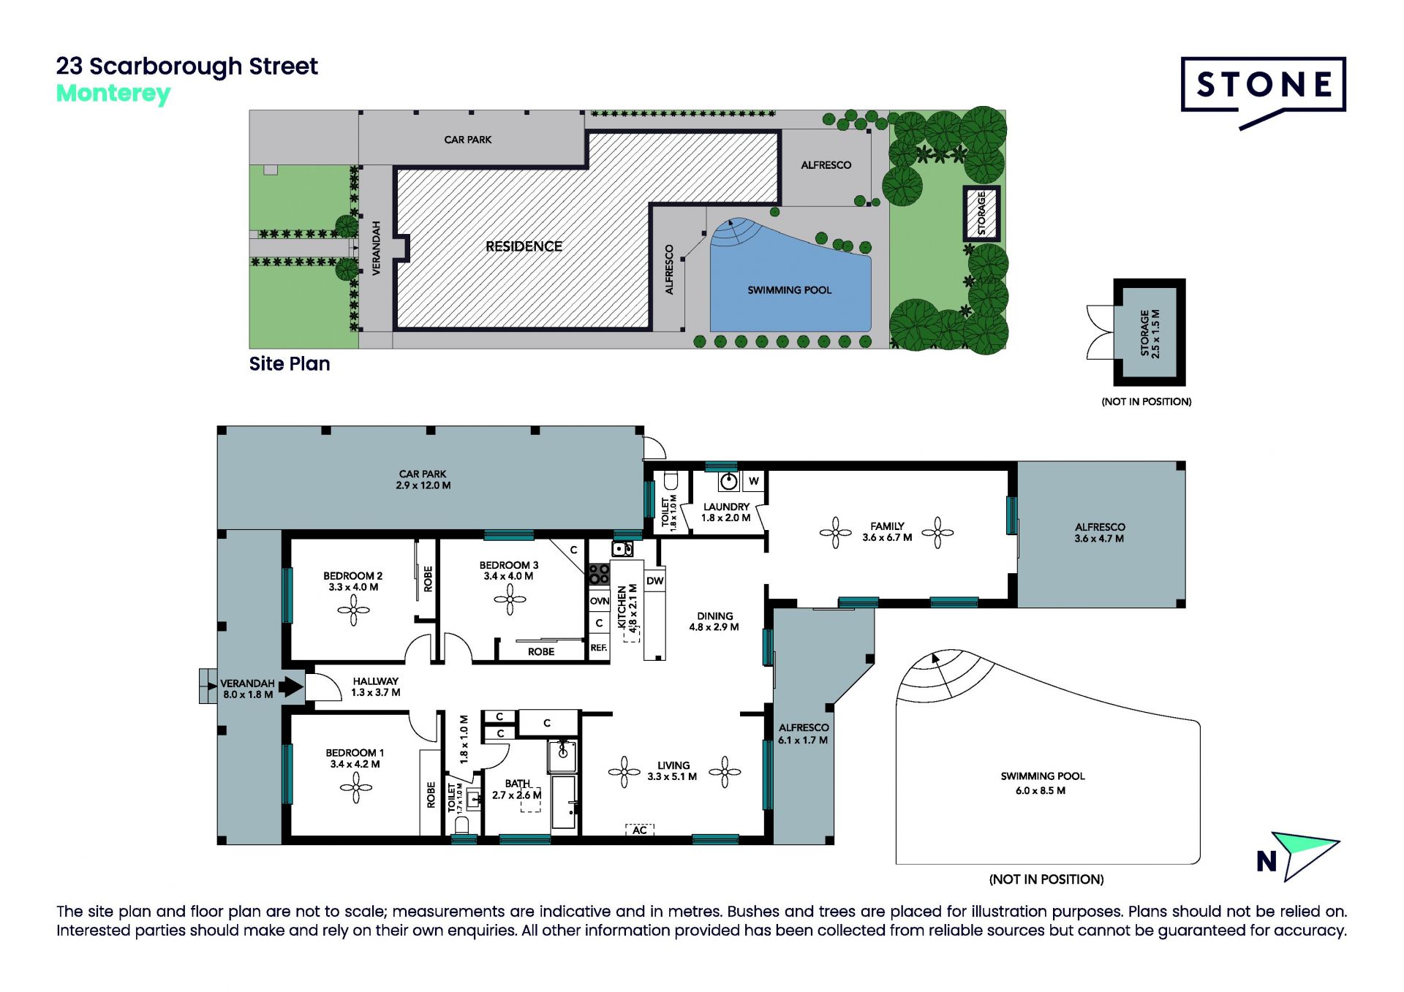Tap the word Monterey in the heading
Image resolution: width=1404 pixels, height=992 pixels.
(113, 94)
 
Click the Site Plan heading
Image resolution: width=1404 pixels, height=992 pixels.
(290, 363)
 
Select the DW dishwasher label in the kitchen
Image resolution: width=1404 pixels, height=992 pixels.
(655, 580)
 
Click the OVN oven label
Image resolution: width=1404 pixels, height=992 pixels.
(600, 601)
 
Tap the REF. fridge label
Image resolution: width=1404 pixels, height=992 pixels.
(599, 648)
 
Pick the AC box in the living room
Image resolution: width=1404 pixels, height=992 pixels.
(640, 830)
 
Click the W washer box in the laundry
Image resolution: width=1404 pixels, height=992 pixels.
(753, 481)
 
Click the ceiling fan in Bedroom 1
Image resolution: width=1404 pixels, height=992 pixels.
(356, 787)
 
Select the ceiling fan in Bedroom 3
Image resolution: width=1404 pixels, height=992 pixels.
(510, 600)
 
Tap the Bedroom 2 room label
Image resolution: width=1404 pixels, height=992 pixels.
(353, 581)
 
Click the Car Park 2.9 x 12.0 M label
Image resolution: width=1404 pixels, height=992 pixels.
(423, 480)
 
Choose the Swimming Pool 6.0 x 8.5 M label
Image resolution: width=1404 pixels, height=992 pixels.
(1042, 783)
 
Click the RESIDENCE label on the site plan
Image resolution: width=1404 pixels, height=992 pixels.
(524, 246)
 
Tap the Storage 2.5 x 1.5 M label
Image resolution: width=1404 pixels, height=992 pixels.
(1150, 333)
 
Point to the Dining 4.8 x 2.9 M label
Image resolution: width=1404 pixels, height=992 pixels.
(714, 621)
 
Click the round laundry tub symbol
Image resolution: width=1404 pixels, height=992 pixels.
(729, 481)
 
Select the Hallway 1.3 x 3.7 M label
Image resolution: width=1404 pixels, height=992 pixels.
(376, 686)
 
